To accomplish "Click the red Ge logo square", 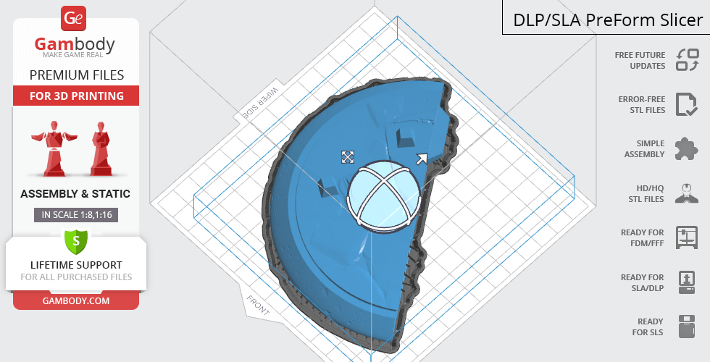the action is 73,18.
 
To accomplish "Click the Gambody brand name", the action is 75,44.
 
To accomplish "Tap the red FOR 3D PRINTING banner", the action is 76,96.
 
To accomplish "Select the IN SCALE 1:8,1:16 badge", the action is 76,214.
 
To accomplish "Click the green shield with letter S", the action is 76,240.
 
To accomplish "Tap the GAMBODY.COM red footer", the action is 76,301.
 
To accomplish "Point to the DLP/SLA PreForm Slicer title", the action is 607,20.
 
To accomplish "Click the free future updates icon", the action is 687,60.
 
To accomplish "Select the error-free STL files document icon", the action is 687,104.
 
